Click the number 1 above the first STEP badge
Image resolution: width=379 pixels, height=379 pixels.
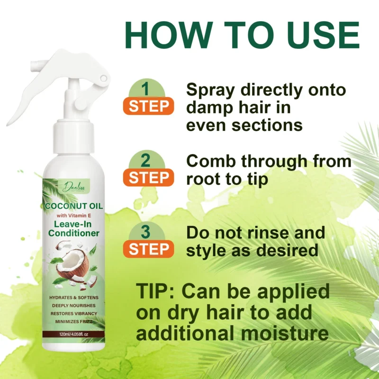(x=146, y=89)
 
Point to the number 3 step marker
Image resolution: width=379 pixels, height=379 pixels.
(x=146, y=233)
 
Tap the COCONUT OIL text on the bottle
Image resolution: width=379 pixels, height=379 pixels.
(x=73, y=207)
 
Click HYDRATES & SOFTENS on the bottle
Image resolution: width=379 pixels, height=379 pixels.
(x=73, y=297)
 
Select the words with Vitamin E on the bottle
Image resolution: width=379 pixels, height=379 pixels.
(x=73, y=216)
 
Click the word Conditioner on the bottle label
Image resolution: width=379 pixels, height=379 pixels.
(x=73, y=233)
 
